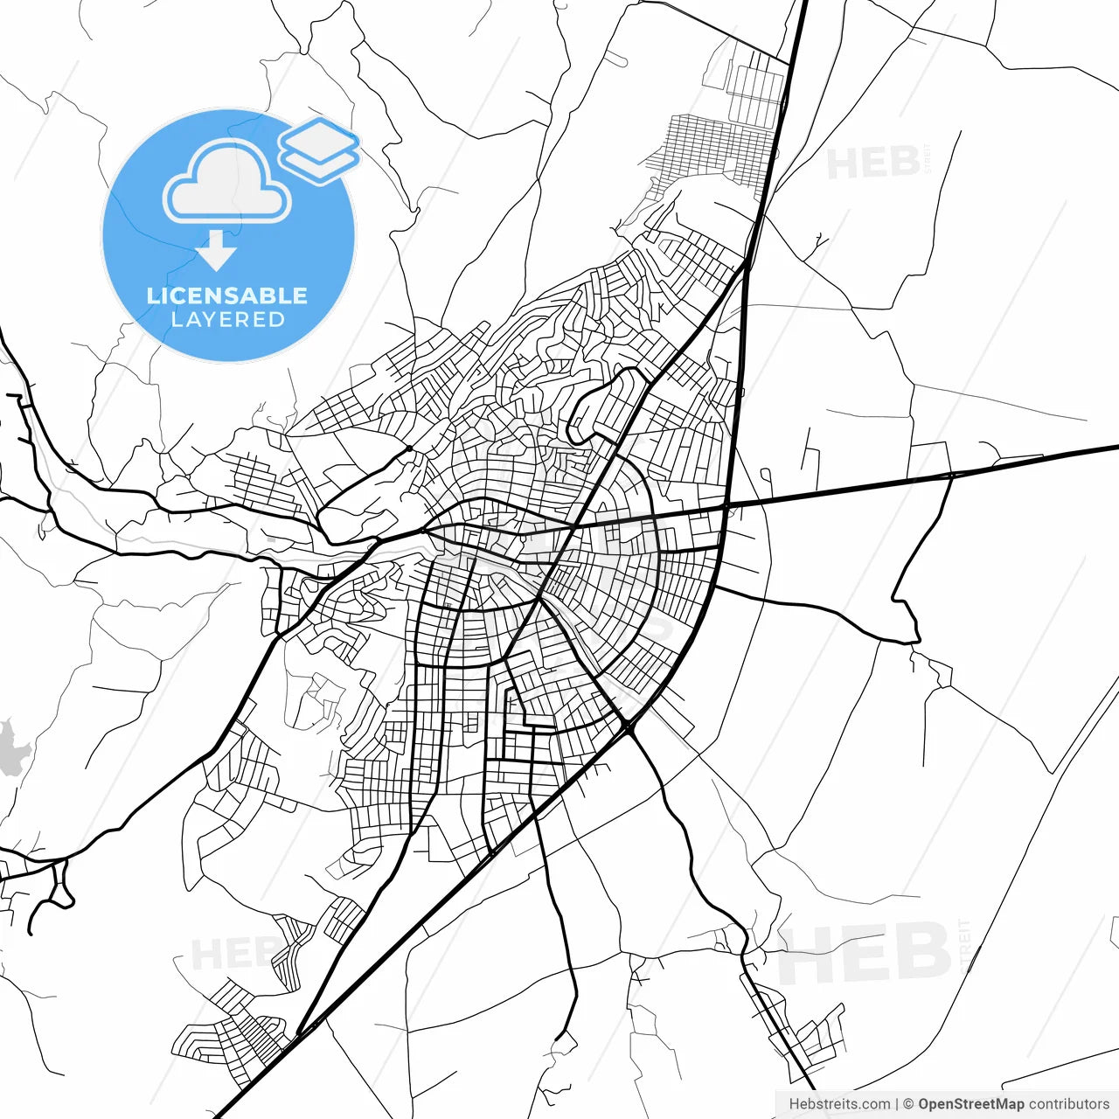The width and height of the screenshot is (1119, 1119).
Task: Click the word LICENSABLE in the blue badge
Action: [227, 295]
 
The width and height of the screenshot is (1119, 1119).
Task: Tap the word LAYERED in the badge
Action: [227, 320]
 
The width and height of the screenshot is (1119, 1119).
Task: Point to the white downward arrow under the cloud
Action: [216, 251]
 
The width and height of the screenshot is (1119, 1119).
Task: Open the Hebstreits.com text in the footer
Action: [839, 1104]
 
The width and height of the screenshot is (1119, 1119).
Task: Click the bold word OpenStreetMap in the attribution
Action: [970, 1104]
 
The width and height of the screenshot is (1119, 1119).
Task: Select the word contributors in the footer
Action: [1068, 1104]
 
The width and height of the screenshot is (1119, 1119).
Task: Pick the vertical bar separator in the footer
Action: [897, 1104]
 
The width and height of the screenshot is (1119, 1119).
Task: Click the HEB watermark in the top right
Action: [872, 163]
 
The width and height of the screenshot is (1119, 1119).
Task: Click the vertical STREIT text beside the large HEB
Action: [964, 946]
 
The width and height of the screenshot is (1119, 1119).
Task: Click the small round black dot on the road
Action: [409, 448]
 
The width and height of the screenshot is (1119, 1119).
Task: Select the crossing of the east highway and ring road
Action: [726, 506]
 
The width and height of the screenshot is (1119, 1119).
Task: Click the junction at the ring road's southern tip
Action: [628, 726]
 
